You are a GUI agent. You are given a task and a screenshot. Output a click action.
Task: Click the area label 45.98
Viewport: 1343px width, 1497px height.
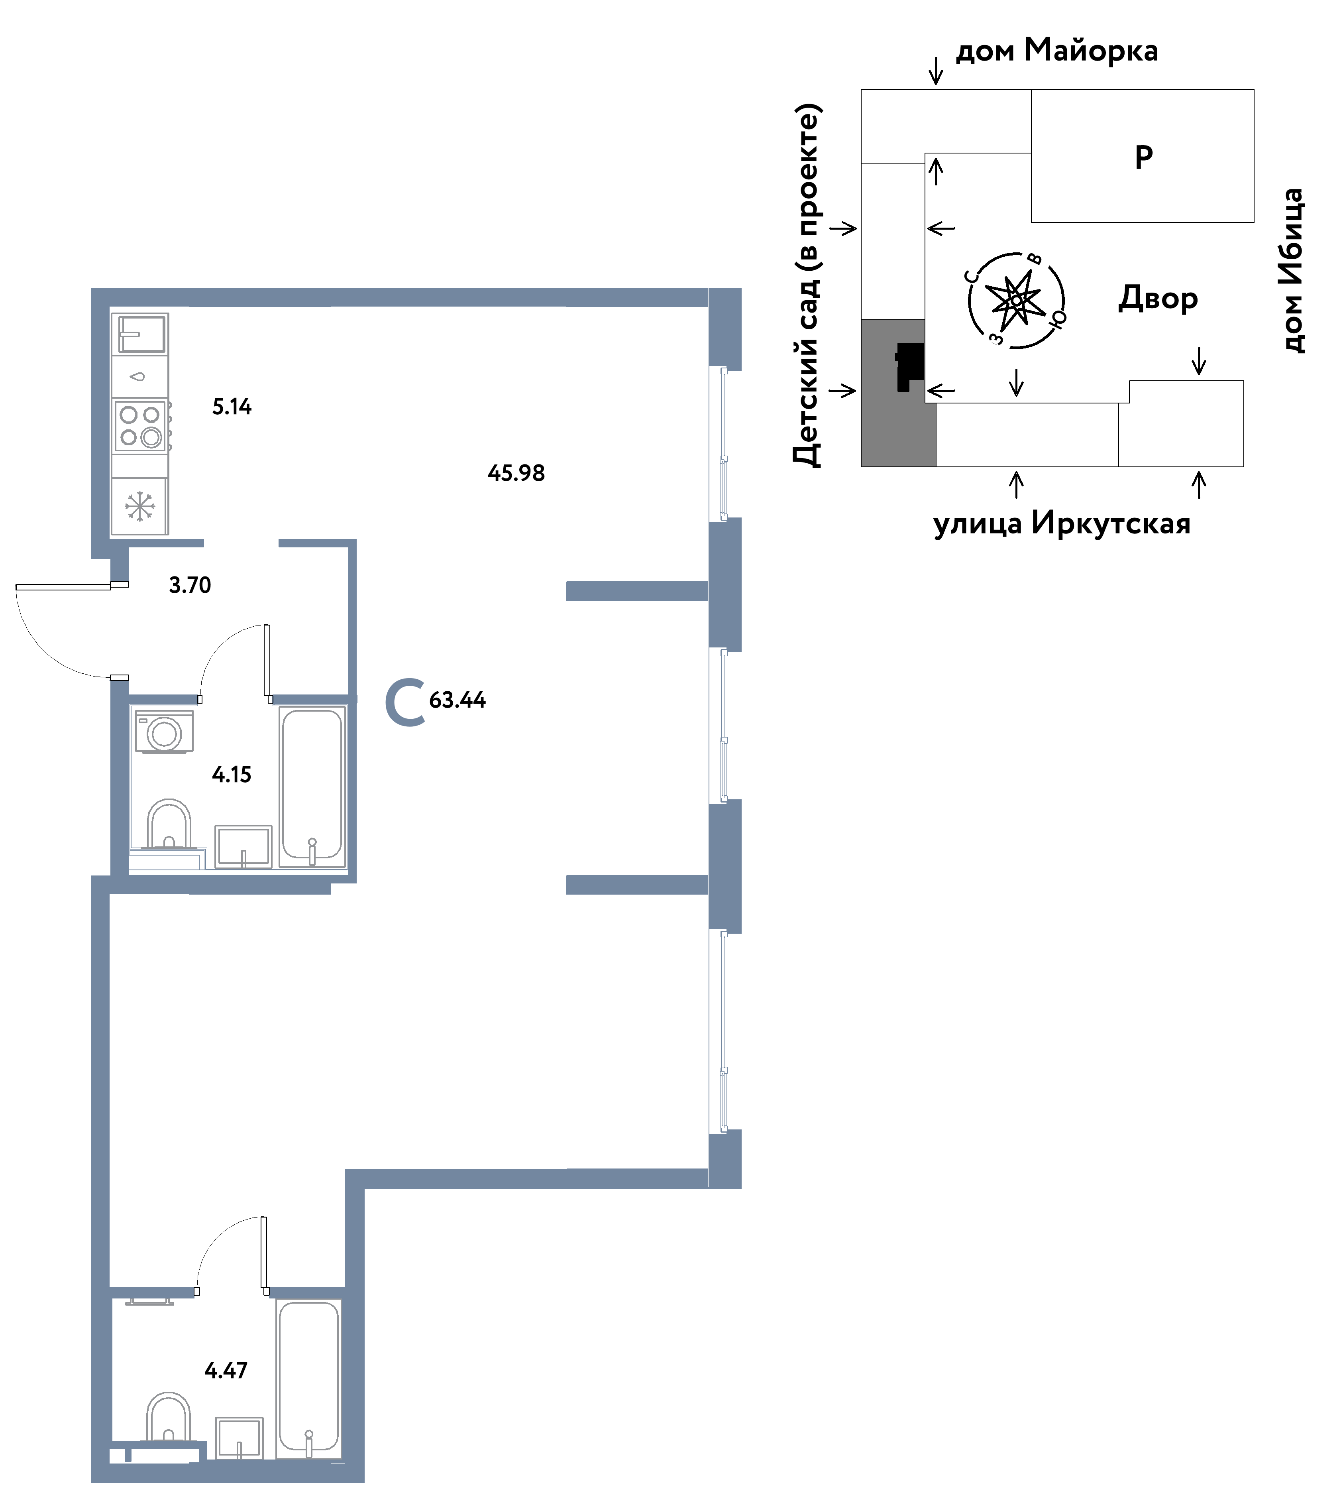click(x=516, y=473)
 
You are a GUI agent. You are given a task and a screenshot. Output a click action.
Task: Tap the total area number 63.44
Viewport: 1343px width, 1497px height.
click(x=457, y=700)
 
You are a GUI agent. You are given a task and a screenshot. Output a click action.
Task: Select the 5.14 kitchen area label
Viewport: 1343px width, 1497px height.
click(x=232, y=407)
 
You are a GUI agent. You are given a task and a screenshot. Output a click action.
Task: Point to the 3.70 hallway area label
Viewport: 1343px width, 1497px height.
click(x=190, y=585)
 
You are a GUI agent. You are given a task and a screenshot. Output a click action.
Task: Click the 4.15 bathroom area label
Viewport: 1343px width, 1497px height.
click(x=232, y=774)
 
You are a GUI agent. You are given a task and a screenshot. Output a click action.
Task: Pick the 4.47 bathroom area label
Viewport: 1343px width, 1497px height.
click(x=226, y=1371)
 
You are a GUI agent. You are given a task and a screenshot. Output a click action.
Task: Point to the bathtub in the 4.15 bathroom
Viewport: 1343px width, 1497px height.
click(x=312, y=787)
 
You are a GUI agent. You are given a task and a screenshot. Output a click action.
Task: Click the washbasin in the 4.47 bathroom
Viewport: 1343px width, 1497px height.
click(x=239, y=1439)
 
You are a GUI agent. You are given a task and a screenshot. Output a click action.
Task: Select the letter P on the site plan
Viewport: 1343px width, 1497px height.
click(x=1144, y=157)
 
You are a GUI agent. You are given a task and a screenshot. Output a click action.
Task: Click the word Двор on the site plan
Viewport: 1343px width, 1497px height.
click(x=1158, y=298)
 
